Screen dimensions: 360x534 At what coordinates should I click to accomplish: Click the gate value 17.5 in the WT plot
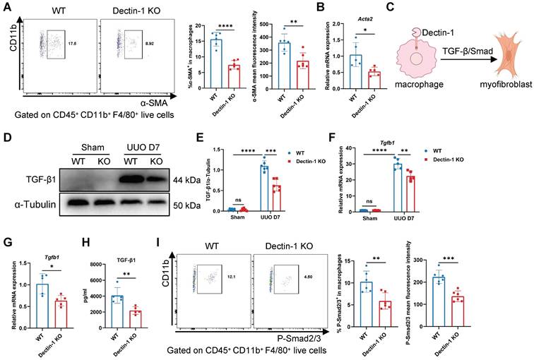pos(71,44)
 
